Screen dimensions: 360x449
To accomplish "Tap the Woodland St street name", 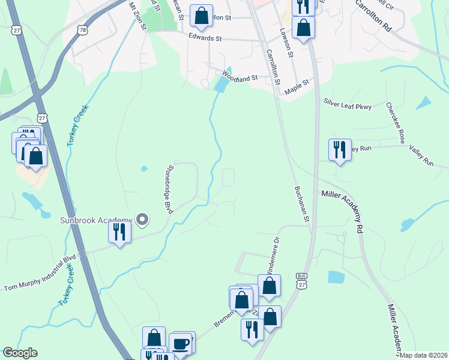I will tap(240, 77).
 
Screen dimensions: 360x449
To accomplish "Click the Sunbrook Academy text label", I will tap(95, 220).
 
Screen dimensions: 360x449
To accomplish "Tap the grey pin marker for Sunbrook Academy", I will tap(142, 220).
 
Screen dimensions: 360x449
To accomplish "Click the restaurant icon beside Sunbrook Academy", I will tap(119, 231).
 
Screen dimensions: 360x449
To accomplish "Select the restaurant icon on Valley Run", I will tap(339, 149).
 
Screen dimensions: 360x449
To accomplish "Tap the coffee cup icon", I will tap(181, 344).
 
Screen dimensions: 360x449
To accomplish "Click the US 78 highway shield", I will tap(82, 29).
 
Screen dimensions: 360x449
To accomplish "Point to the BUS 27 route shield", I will tap(301, 282).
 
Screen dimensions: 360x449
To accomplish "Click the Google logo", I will tap(20, 353).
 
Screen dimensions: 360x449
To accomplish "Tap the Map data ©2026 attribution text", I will tap(424, 355).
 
